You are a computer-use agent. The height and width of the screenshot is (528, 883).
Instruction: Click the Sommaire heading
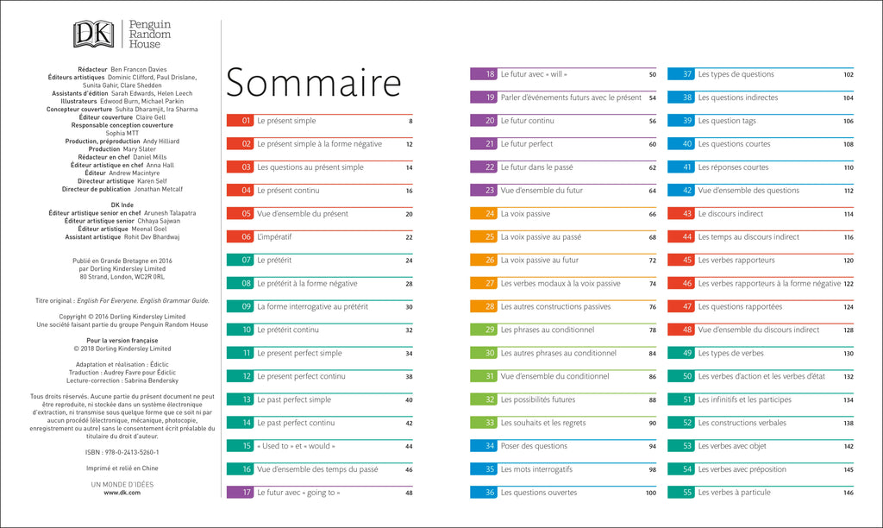(314, 83)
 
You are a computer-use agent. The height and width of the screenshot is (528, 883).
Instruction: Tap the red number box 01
(239, 121)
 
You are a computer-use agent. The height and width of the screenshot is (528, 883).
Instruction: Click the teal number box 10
(239, 330)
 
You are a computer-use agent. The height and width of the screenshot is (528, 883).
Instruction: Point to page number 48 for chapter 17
(409, 493)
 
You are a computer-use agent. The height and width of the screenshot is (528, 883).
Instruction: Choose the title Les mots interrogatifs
(536, 469)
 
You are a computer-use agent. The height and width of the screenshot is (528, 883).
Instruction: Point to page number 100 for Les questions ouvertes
(650, 493)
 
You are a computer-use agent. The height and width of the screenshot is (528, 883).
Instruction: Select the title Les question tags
(727, 121)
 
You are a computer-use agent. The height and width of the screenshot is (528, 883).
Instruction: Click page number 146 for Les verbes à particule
(848, 493)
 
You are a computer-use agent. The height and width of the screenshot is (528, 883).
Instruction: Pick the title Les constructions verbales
(742, 423)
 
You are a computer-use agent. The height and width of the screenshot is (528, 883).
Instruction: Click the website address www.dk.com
(122, 493)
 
